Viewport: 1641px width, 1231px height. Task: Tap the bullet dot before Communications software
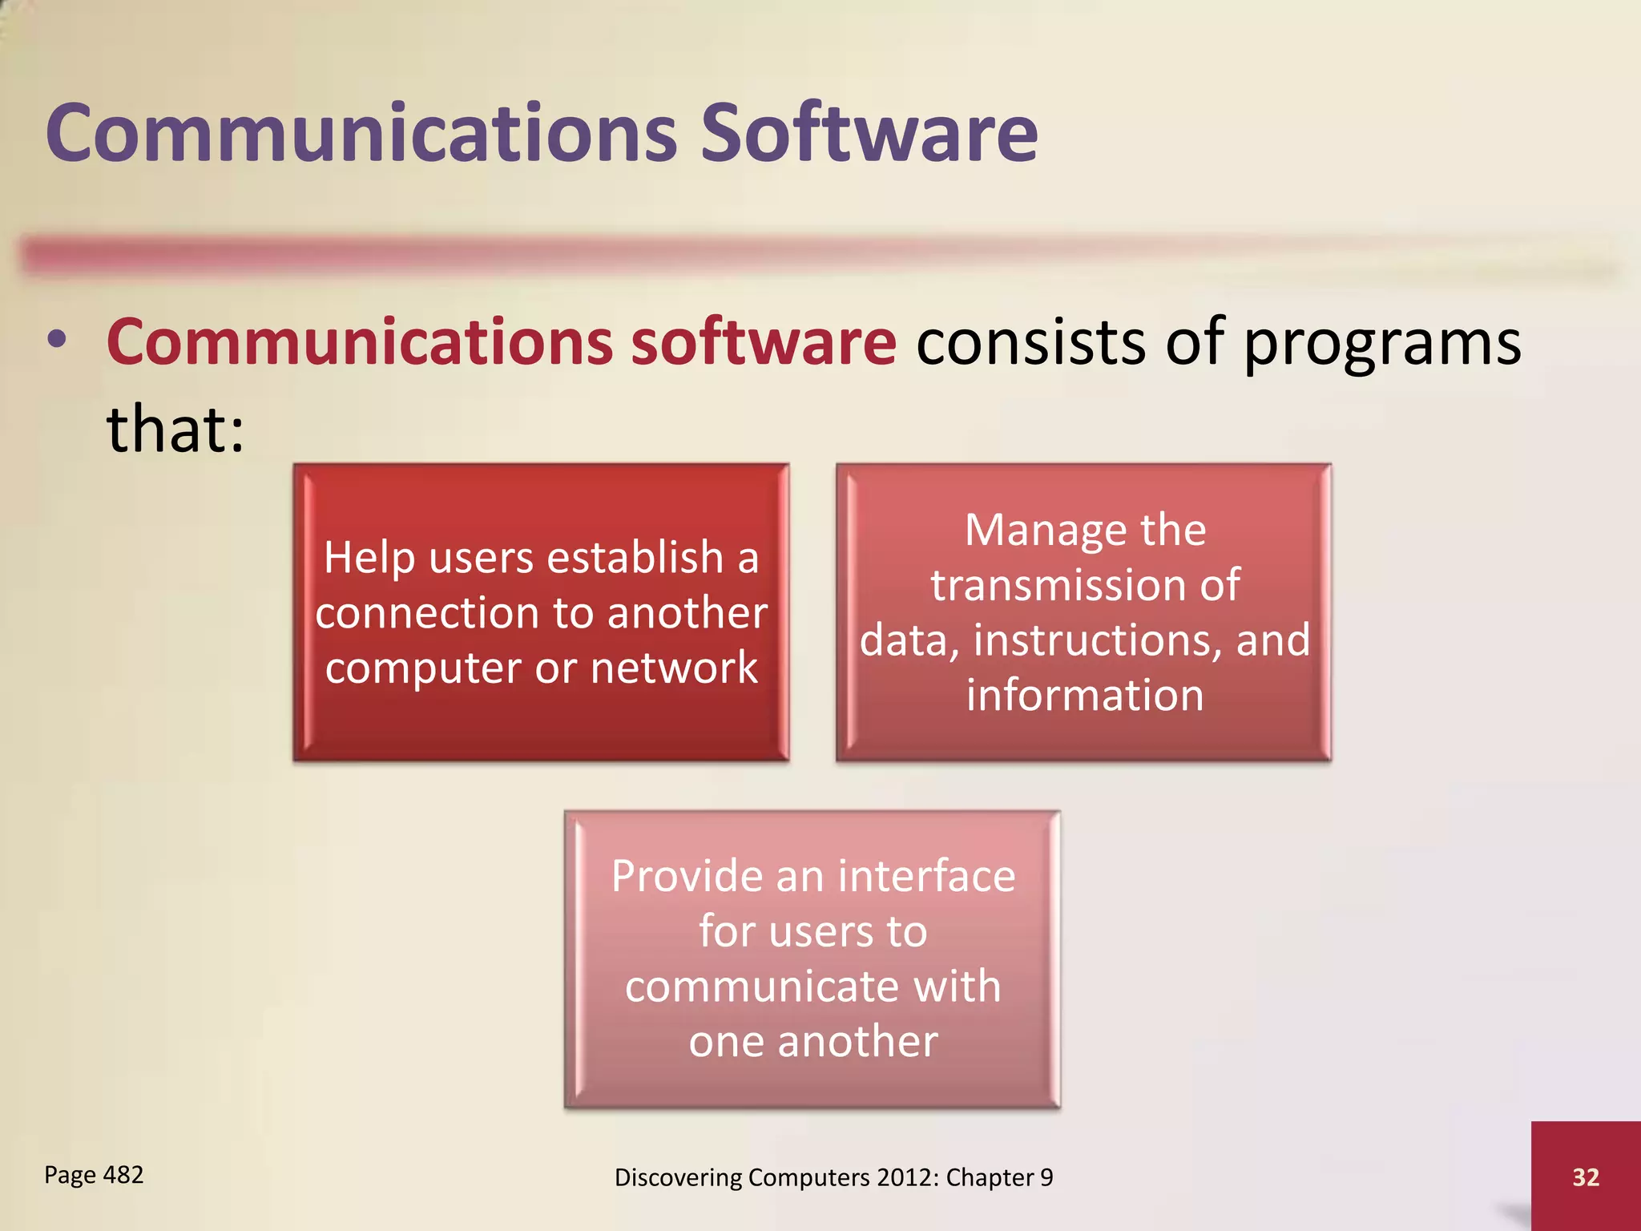56,340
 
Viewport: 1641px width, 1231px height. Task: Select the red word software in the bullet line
763,341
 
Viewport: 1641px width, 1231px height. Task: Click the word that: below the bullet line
175,429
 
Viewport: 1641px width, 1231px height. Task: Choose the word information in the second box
1085,695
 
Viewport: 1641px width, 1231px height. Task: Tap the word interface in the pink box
927,876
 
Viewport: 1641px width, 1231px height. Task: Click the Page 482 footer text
94,1175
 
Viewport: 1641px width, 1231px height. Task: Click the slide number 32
1586,1177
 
